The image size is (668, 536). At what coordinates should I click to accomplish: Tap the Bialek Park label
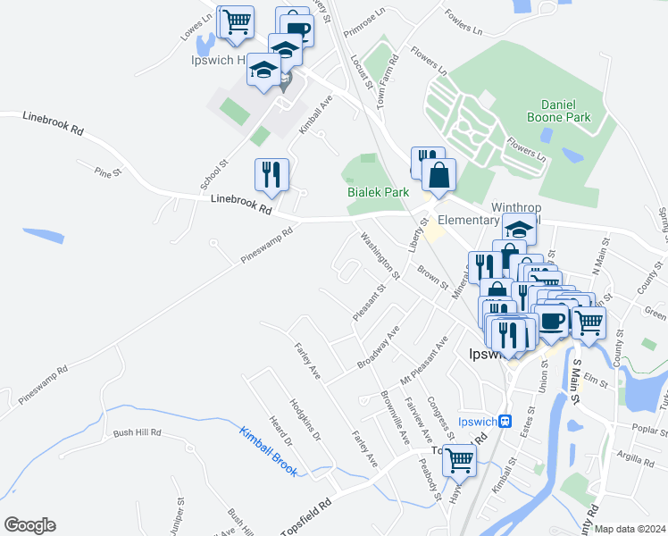[x=378, y=191]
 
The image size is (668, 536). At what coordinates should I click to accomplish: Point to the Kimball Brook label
[x=268, y=451]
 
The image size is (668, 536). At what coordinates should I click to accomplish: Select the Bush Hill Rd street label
[x=137, y=433]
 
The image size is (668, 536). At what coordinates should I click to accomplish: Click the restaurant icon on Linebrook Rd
[x=271, y=175]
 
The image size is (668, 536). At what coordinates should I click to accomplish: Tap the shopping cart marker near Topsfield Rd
[x=459, y=460]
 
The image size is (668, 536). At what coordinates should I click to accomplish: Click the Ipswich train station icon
[x=505, y=421]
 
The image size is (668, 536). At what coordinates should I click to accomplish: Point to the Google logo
[x=29, y=525]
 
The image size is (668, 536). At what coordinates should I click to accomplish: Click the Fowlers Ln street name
[x=463, y=20]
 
